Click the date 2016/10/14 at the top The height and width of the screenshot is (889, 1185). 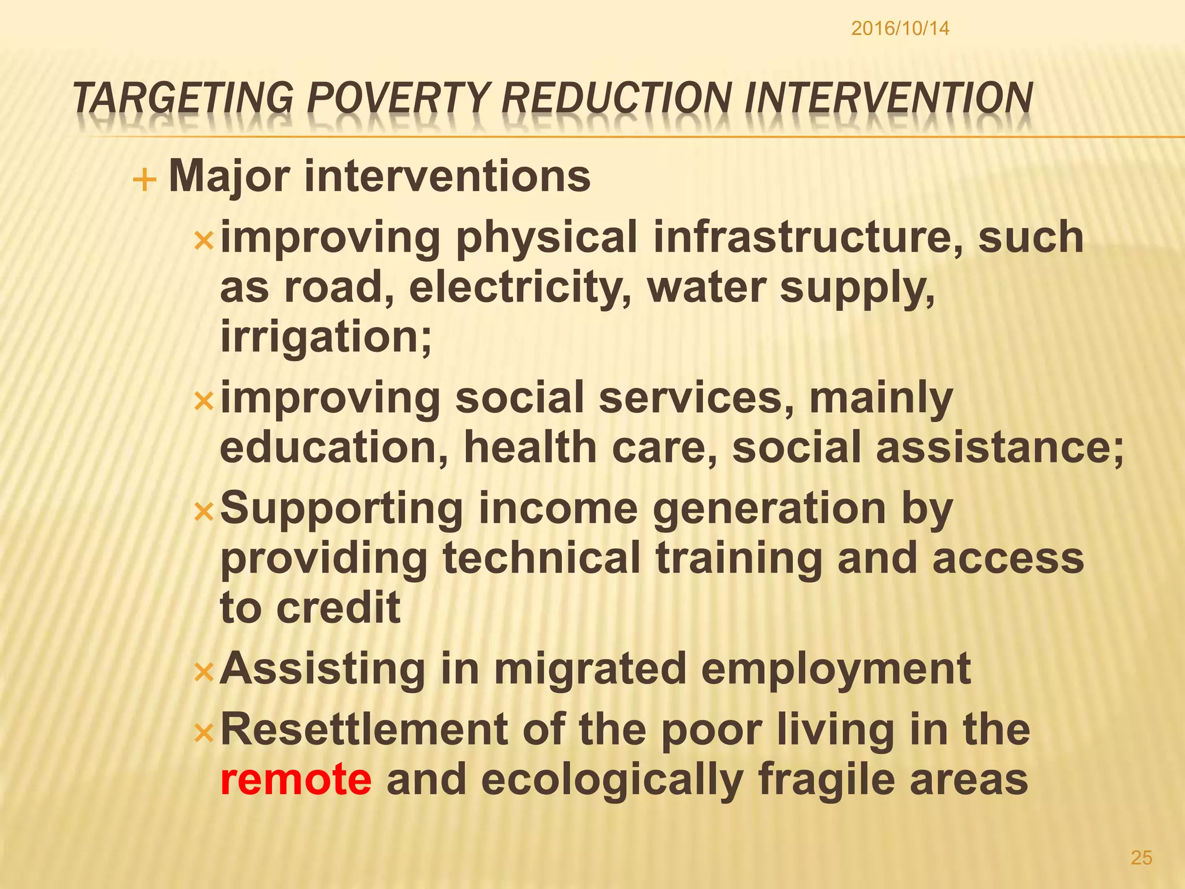pos(900,28)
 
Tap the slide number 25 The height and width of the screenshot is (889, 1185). pos(1141,858)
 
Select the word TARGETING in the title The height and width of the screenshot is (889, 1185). pos(183,98)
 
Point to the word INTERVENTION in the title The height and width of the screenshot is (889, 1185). pos(888,98)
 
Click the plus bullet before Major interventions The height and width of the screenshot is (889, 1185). pos(145,181)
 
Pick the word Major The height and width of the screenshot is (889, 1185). pos(229,177)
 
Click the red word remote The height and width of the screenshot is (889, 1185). pos(296,779)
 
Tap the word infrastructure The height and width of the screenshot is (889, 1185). pos(809,237)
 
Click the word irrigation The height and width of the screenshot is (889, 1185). pos(326,337)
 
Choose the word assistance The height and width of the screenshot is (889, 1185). pos(999,447)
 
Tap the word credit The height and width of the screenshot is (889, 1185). pos(338,608)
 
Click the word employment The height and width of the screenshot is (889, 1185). pos(836,668)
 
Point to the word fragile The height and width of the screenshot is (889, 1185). pos(826,780)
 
